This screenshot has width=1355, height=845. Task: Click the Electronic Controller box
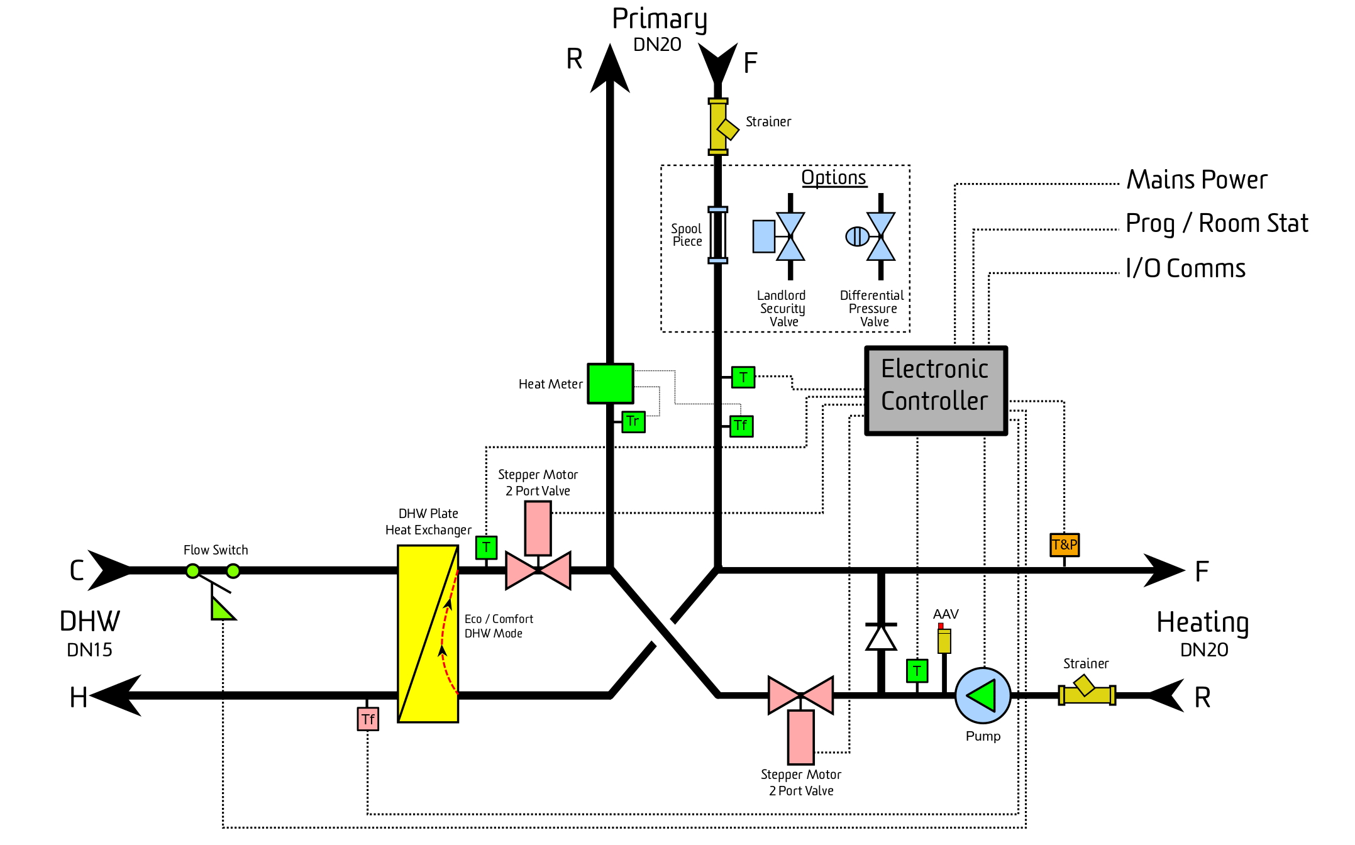[x=936, y=390]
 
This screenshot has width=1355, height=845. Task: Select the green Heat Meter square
[x=610, y=384]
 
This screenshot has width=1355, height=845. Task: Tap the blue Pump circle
[x=983, y=695]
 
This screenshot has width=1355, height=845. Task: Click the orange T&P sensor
[x=1065, y=545]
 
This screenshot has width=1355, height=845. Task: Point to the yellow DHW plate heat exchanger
[x=428, y=634]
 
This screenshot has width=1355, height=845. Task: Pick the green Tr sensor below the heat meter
[x=633, y=421]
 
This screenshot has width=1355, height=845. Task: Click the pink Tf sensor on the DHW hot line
[x=368, y=719]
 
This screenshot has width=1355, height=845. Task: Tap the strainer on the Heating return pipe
[x=1087, y=692]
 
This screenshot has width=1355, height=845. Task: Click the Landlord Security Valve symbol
[x=780, y=236]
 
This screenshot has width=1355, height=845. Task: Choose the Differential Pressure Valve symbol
[x=871, y=236]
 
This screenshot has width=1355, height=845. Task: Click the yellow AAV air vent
[x=944, y=639]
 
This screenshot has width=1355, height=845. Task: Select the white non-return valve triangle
[x=881, y=638]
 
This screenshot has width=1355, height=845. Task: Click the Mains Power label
[x=1197, y=180]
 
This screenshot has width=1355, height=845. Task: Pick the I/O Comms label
[x=1185, y=268]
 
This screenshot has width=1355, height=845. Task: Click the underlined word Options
[x=834, y=178]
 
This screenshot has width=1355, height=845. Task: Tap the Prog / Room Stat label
[x=1217, y=224]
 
